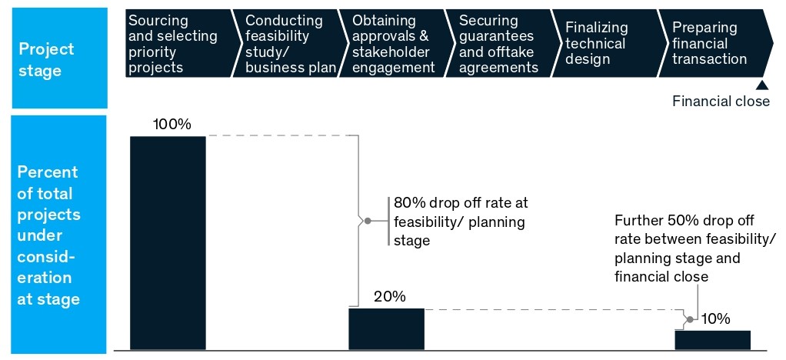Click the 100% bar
(168, 242)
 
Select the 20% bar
(386, 329)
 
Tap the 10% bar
(712, 340)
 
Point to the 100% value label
(172, 124)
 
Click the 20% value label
(389, 297)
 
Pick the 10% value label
(716, 318)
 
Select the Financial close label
(721, 102)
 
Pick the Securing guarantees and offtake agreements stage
(500, 44)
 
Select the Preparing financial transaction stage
(711, 44)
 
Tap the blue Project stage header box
(58, 58)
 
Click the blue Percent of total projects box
(58, 235)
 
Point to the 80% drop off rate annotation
(461, 222)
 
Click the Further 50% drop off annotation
(694, 248)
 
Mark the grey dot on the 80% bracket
(368, 222)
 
